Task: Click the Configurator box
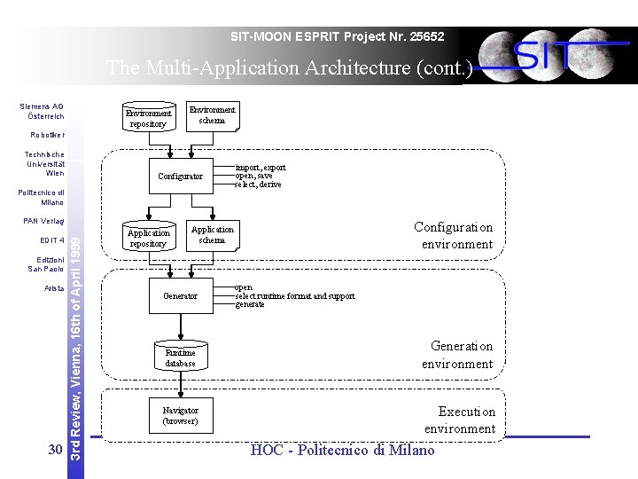click(x=180, y=177)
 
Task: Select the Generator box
click(x=180, y=295)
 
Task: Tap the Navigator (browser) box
click(x=180, y=415)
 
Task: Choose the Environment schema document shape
click(x=213, y=115)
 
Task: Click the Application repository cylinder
click(x=147, y=238)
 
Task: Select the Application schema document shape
click(x=213, y=235)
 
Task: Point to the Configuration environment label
click(x=453, y=235)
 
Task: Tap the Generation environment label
click(x=457, y=355)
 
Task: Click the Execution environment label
click(x=460, y=420)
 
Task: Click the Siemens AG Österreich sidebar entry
click(x=42, y=111)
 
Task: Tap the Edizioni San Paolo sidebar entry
click(x=45, y=263)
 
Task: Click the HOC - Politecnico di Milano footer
click(x=343, y=451)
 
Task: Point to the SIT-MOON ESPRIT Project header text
click(x=337, y=36)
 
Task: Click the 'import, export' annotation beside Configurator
click(x=261, y=168)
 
